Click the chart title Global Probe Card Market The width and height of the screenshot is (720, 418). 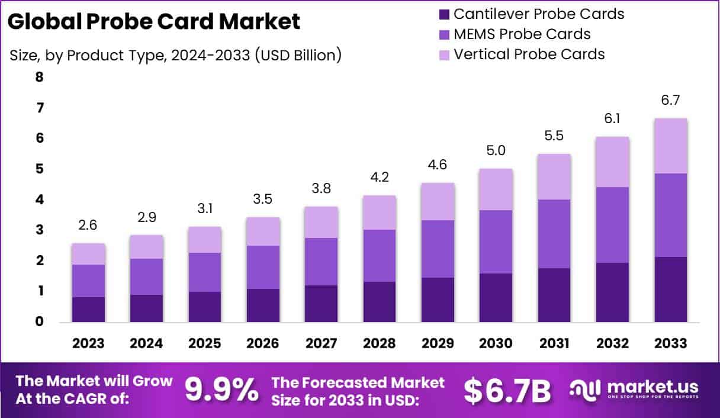click(x=154, y=22)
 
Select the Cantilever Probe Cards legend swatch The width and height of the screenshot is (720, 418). click(x=443, y=14)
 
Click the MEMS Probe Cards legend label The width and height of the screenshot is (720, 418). click(x=522, y=34)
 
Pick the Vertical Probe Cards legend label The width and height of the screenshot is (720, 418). click(x=529, y=54)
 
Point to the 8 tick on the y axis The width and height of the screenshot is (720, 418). click(x=39, y=77)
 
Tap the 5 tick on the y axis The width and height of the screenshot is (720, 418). click(x=39, y=169)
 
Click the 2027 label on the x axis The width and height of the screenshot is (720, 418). click(x=321, y=344)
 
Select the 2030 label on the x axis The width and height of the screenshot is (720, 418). click(x=496, y=344)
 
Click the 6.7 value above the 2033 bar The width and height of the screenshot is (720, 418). click(x=670, y=101)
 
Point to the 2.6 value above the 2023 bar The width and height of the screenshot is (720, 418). click(x=88, y=226)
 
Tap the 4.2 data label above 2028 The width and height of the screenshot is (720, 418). click(x=380, y=177)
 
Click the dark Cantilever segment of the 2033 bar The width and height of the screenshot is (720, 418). click(x=670, y=290)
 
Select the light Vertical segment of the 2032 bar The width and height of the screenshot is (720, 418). click(x=612, y=162)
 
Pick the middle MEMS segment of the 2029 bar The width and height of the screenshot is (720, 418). click(x=438, y=249)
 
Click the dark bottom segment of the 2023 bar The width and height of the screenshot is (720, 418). click(x=88, y=310)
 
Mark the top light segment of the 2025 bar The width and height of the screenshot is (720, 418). click(x=205, y=240)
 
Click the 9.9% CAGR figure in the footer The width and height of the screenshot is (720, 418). click(x=221, y=389)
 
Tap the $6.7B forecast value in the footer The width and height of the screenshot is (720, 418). click(x=507, y=390)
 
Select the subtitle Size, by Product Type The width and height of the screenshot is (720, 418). click(x=175, y=55)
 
